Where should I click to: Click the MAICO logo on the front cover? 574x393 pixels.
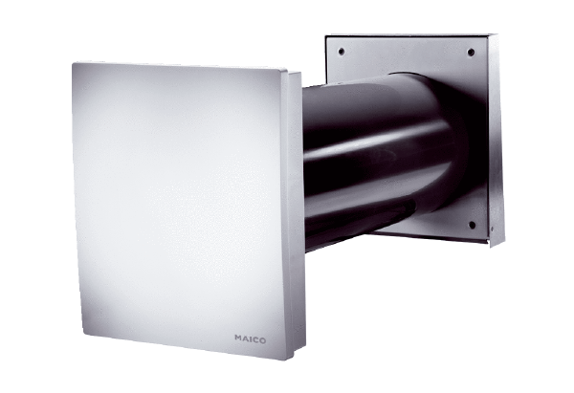[x=251, y=339]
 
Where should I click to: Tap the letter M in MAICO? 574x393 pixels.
[x=238, y=338]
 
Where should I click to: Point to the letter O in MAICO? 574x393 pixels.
[x=262, y=340]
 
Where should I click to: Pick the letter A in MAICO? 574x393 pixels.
[x=245, y=338]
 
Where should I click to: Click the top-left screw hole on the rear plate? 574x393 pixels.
[x=342, y=52]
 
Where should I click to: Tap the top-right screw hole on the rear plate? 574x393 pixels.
[x=471, y=53]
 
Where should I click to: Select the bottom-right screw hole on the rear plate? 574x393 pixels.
[x=472, y=225]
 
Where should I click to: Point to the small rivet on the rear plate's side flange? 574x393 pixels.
[x=492, y=229]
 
